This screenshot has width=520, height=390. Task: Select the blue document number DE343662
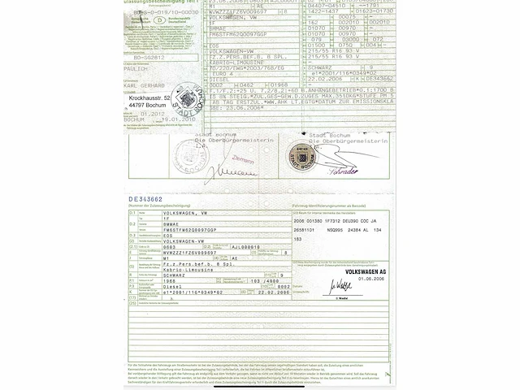tap(145, 198)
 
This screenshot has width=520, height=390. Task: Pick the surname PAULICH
tap(138, 70)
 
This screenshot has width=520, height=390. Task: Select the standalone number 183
tap(298, 240)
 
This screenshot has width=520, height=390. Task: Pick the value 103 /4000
tap(244, 280)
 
